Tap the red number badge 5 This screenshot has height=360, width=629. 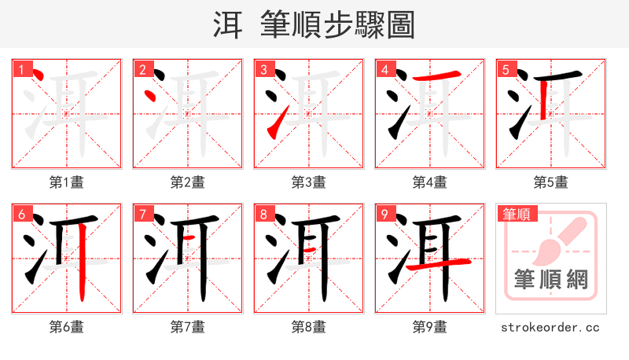[x=506, y=69]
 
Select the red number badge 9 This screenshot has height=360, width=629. [x=384, y=214]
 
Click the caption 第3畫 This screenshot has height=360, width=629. [x=308, y=182]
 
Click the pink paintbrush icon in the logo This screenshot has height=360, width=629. [x=560, y=237]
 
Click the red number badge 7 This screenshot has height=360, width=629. [x=142, y=214]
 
